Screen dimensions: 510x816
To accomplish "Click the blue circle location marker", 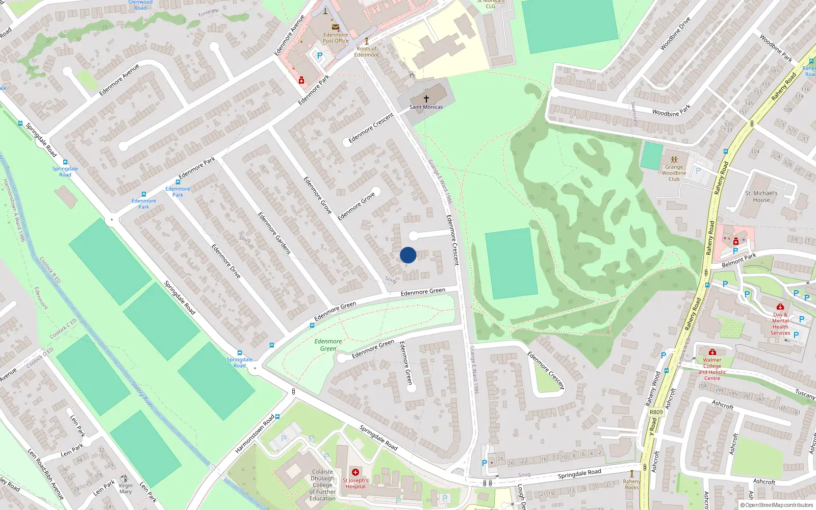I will pos(408,255).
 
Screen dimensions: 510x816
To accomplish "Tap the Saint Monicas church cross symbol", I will pos(426,98).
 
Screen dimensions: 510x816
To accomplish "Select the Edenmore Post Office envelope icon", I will pos(336,27).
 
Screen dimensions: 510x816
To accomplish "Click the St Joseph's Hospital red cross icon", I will pos(355,472).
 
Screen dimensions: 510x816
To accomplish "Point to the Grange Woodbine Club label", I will pos(674,173).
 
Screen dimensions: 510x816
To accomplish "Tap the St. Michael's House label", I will pos(761,196).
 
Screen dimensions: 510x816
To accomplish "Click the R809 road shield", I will pos(656,412).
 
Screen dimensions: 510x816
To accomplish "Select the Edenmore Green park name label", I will pos(328,345).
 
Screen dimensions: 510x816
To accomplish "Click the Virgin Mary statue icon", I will pos(125,479).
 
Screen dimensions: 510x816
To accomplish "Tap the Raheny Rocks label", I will pos(631,484).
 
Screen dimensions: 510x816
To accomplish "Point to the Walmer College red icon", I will pos(712,352).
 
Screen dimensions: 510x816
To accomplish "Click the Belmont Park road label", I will pos(739,260).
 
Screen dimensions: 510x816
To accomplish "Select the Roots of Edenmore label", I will pos(366,52).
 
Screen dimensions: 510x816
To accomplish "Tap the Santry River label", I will pos(142,394).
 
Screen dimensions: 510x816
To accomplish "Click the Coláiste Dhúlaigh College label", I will pos(322,485).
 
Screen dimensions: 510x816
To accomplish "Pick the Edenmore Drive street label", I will pos(226,261).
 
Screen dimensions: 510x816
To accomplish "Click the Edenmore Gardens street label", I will pos(274,233).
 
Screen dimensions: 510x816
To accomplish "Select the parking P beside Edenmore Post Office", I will pos(320,56).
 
